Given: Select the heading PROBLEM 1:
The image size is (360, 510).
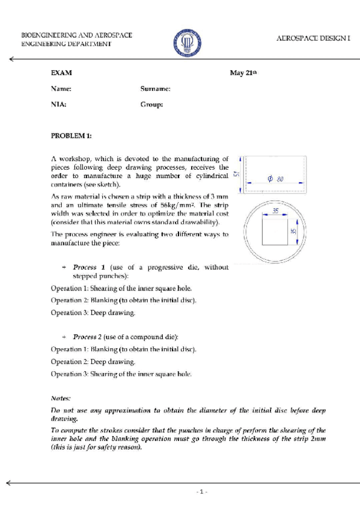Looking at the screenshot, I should [x=71, y=136].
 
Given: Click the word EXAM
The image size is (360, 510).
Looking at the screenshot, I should [x=61, y=73].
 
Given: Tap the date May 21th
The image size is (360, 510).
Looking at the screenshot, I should [x=243, y=73].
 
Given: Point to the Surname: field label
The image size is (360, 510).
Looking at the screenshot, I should [x=156, y=88].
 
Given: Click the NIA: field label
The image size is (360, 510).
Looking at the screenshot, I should [x=59, y=104].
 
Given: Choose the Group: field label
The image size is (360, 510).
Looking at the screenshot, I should [x=151, y=104].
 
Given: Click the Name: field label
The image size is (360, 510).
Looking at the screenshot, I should [x=61, y=88].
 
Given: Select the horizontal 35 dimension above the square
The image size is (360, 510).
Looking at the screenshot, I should [x=275, y=211].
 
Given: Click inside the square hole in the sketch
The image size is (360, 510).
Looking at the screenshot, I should [x=275, y=232].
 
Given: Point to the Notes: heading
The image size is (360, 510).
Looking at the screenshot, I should [x=61, y=398].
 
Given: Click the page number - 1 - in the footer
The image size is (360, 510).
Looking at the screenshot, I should [x=203, y=491].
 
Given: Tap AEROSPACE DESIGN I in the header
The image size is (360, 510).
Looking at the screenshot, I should [x=313, y=38].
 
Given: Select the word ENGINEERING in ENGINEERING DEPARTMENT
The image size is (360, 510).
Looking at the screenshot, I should [x=41, y=44].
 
